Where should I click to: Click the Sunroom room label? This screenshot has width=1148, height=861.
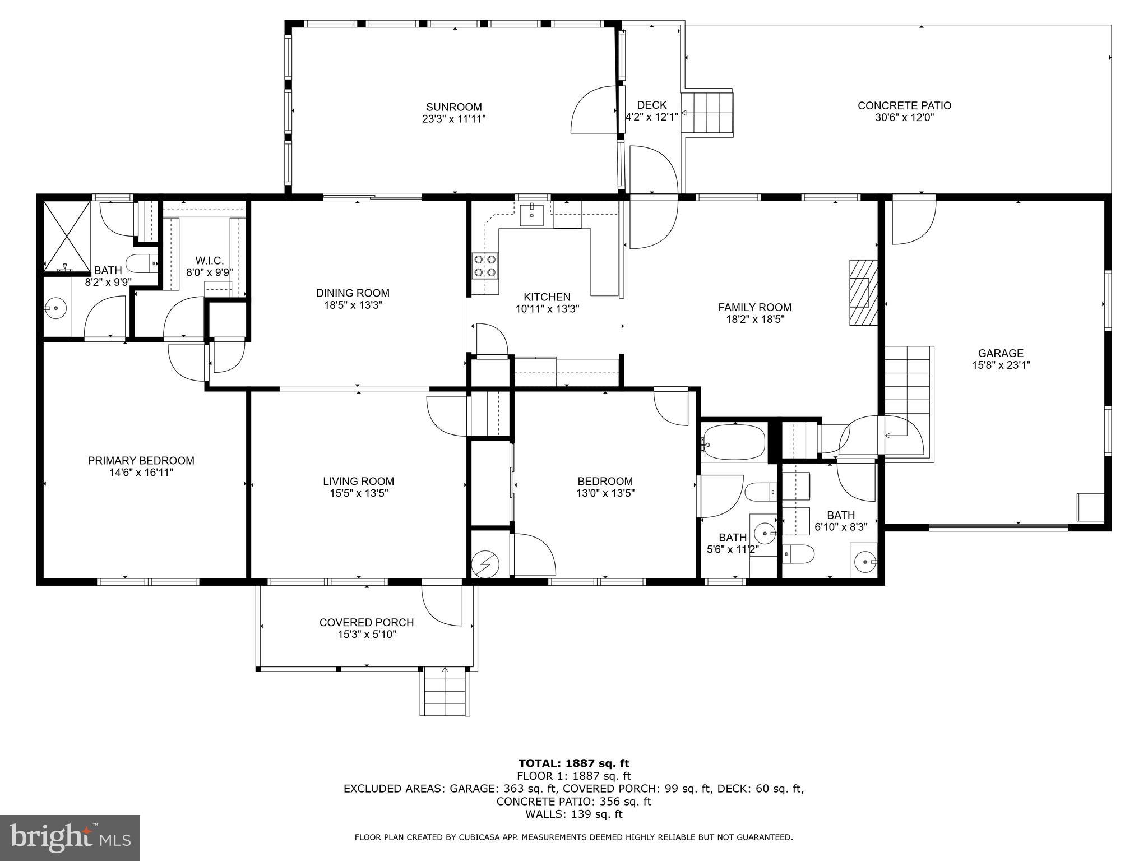[x=453, y=107]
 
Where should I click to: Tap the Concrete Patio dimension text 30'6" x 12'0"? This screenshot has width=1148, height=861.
[x=904, y=118]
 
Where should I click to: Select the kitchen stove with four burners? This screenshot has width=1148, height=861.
[x=485, y=266]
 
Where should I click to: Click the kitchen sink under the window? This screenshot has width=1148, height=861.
[x=530, y=214]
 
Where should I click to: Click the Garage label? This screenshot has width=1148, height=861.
[x=1001, y=353]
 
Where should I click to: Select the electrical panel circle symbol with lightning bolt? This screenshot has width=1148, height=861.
[x=483, y=564]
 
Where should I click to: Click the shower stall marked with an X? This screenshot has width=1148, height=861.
[x=67, y=236]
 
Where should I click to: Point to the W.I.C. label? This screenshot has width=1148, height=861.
[x=209, y=261]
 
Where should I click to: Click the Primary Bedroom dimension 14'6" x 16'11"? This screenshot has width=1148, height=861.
[x=141, y=473]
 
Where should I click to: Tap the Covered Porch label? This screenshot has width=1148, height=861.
[x=367, y=622]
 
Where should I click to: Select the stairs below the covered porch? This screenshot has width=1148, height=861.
[x=445, y=692]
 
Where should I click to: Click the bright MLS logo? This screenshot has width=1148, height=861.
[x=70, y=837]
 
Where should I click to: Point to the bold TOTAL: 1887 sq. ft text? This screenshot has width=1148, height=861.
[x=573, y=763]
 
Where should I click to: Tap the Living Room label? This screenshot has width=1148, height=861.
[x=358, y=481]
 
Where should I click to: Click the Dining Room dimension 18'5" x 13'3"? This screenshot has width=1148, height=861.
[x=353, y=305]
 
